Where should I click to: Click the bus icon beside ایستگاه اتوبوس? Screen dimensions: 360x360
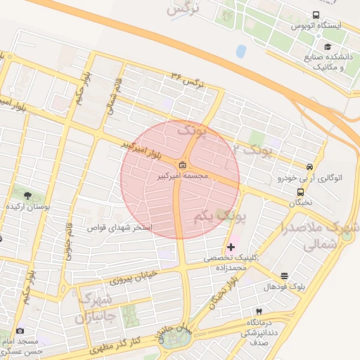point(316,15)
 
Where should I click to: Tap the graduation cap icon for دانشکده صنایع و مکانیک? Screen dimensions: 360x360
point(309,46)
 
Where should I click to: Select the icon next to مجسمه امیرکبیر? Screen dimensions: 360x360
point(183,166)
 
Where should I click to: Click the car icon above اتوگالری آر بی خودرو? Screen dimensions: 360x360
point(309,167)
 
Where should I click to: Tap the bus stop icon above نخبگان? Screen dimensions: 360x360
point(301,192)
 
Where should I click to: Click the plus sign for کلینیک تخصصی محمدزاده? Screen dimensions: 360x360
point(231,247)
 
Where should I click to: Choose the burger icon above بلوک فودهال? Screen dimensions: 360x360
point(284,276)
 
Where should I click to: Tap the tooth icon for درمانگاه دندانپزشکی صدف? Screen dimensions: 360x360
point(258,311)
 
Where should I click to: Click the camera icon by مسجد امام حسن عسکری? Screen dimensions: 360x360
point(20,330)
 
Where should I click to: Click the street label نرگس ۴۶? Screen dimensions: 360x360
point(188,79)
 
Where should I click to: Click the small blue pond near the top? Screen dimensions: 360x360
point(241,51)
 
